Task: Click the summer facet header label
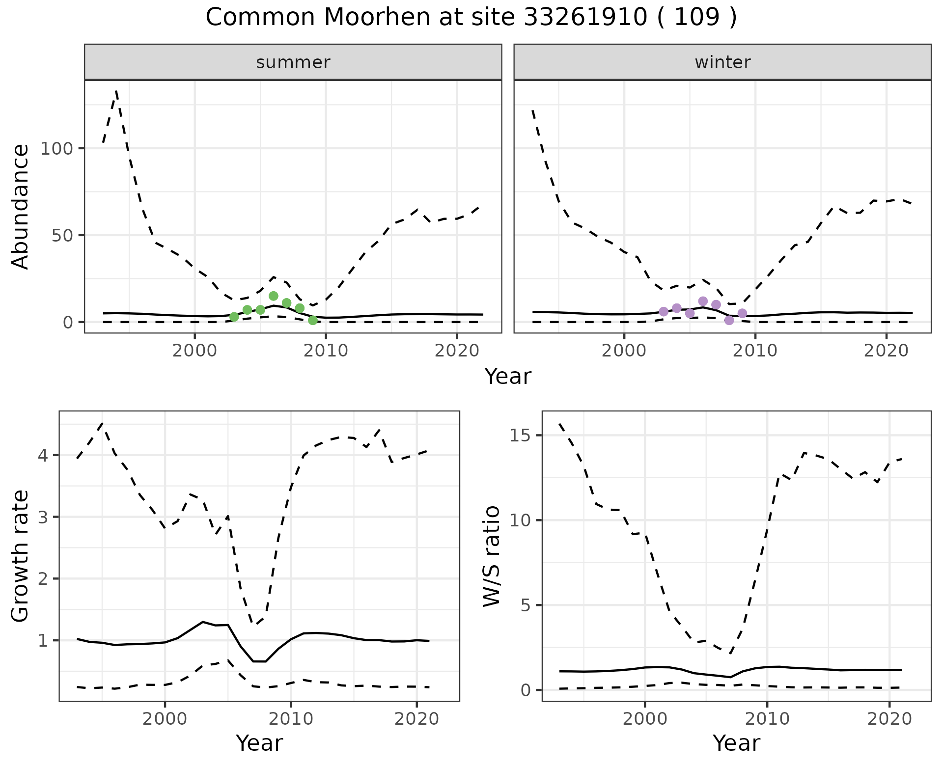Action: coord(293,62)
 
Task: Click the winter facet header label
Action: coord(722,62)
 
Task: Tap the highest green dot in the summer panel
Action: coord(274,296)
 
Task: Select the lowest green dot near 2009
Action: coord(313,321)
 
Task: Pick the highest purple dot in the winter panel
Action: coord(703,301)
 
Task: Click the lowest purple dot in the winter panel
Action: coord(729,320)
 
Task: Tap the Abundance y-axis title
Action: coord(21,206)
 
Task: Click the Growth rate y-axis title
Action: coord(21,556)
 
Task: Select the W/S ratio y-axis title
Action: coord(491,556)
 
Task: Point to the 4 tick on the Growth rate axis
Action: coord(43,455)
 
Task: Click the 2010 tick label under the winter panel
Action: coord(755,351)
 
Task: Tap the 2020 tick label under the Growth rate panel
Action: coord(416,719)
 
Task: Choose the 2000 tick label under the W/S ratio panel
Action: coord(644,719)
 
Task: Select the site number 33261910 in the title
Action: coord(584,18)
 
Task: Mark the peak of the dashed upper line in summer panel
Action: coord(116,91)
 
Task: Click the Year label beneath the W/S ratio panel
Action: coord(736,743)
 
